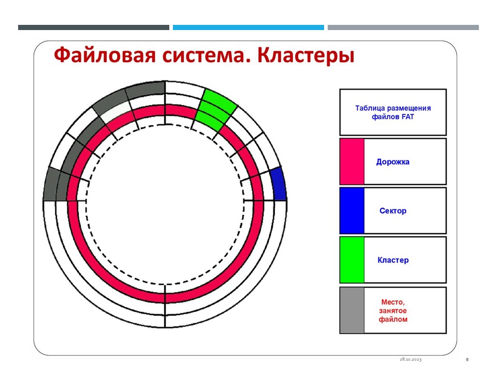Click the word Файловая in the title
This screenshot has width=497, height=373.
[x=105, y=55]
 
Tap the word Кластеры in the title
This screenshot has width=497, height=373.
[x=305, y=55]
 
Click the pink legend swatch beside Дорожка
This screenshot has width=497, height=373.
[x=352, y=162]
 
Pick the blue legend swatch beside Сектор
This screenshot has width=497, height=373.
[x=352, y=211]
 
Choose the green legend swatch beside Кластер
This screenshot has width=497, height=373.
[x=352, y=260]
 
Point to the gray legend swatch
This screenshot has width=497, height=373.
[x=352, y=310]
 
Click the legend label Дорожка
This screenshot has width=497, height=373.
[x=393, y=162]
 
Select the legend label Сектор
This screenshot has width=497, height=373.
[x=393, y=211]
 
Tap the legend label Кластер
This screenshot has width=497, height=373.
[x=393, y=260]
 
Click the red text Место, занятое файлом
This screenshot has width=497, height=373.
[x=393, y=311]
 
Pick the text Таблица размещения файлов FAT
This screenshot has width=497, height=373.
[x=393, y=112]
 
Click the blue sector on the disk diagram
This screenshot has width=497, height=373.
[x=279, y=184]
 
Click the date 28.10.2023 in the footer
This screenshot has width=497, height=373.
[x=411, y=360]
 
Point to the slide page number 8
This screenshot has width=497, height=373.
[x=467, y=360]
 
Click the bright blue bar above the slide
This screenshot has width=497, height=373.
[x=248, y=27]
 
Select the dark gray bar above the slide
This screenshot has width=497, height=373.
[x=94, y=27]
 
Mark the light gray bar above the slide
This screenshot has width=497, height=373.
[x=403, y=27]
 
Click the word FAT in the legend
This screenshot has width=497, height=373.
[x=407, y=117]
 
